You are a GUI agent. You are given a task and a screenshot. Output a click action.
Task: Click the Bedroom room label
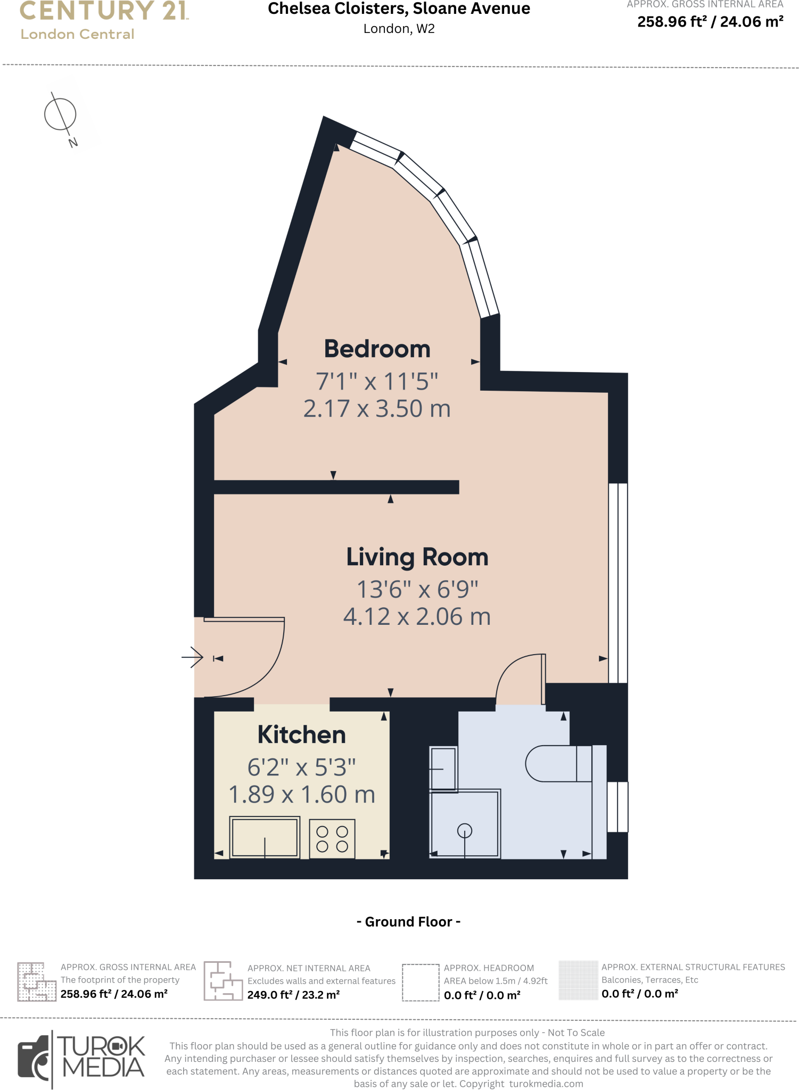377,349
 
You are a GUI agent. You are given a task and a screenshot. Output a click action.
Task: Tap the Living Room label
417,557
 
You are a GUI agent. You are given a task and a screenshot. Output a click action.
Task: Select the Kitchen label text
301,735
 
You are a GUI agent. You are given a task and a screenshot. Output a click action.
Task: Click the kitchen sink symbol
265,837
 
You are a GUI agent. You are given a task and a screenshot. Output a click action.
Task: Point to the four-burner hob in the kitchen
332,839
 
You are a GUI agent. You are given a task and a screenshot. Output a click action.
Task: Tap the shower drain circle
464,830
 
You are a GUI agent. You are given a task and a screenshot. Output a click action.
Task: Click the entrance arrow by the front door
192,657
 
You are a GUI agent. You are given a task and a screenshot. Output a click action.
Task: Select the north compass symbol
61,114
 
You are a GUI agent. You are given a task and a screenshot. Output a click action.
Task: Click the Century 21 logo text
104,11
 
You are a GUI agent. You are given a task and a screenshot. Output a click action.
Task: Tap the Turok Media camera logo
34,1059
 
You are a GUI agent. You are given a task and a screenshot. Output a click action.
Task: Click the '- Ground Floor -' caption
408,922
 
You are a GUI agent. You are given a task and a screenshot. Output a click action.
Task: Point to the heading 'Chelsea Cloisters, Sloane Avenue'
399,9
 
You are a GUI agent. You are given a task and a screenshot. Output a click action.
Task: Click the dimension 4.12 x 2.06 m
417,617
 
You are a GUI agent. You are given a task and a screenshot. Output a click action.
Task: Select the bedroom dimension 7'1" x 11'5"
377,382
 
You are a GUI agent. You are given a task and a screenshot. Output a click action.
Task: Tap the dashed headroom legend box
420,982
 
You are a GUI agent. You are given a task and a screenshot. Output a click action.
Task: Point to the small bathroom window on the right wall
617,806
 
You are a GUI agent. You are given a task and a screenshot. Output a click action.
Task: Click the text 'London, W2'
399,29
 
